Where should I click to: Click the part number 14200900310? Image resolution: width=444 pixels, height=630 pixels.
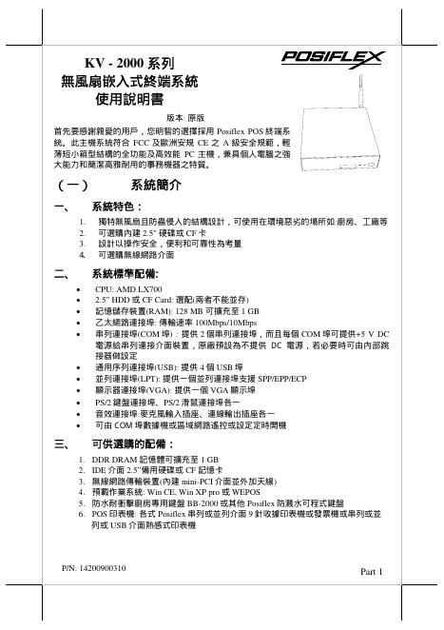99,568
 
